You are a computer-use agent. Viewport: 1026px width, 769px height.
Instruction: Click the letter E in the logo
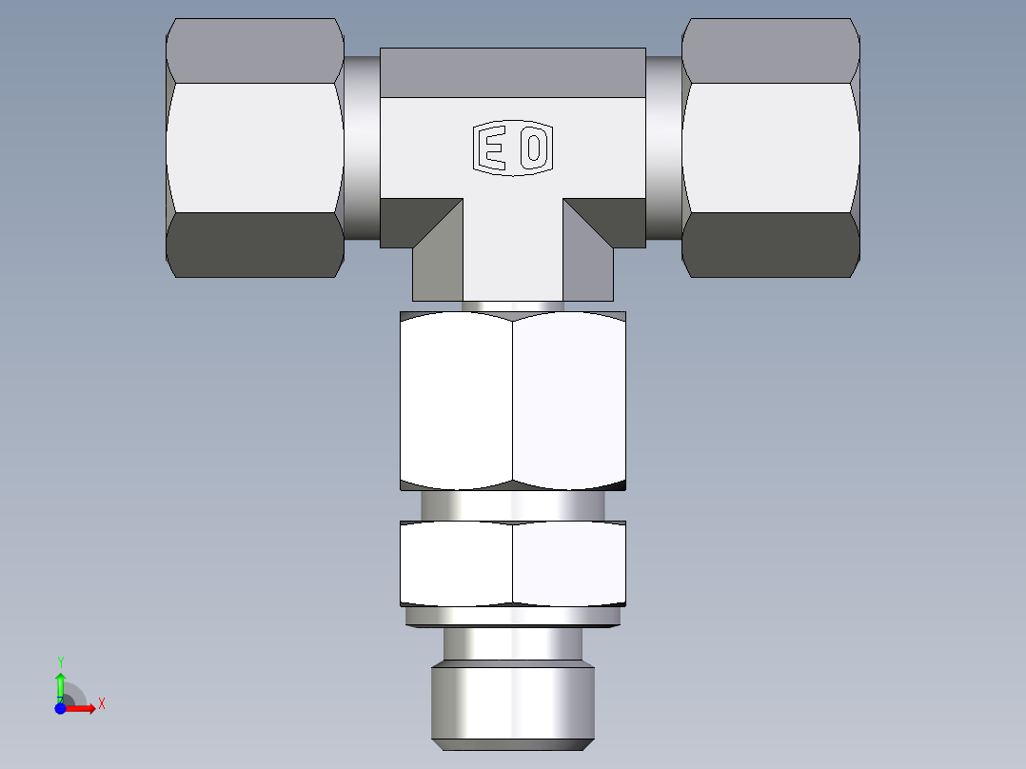(x=492, y=148)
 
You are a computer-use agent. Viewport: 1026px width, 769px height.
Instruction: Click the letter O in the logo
(x=534, y=148)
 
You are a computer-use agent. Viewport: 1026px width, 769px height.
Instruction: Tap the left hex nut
(x=254, y=148)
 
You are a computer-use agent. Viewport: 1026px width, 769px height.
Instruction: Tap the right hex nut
(x=770, y=148)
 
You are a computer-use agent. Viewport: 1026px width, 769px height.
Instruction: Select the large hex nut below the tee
(x=513, y=401)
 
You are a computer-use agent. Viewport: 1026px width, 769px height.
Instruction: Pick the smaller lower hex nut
(x=513, y=562)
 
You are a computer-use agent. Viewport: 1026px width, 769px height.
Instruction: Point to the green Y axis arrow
(x=60, y=682)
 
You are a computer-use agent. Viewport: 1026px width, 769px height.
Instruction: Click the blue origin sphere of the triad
(x=60, y=708)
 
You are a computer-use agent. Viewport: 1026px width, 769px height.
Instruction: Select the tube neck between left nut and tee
(x=362, y=148)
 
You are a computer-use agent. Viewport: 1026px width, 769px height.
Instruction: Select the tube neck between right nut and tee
(x=664, y=148)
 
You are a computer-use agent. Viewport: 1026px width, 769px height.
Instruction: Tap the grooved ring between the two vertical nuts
(x=513, y=505)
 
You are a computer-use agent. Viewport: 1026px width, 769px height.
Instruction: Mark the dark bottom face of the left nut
(x=254, y=245)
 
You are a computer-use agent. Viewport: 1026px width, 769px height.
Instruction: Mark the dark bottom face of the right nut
(x=770, y=245)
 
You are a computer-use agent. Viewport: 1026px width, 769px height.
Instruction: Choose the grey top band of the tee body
(x=513, y=73)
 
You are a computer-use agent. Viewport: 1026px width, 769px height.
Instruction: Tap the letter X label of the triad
(x=101, y=704)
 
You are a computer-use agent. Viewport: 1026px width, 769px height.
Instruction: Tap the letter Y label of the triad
(x=60, y=661)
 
